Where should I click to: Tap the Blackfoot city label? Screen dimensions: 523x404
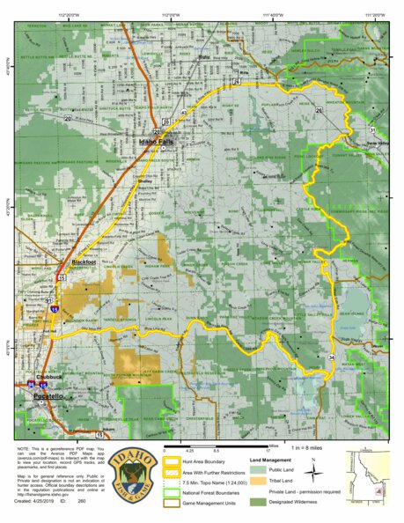pos(83,263)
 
